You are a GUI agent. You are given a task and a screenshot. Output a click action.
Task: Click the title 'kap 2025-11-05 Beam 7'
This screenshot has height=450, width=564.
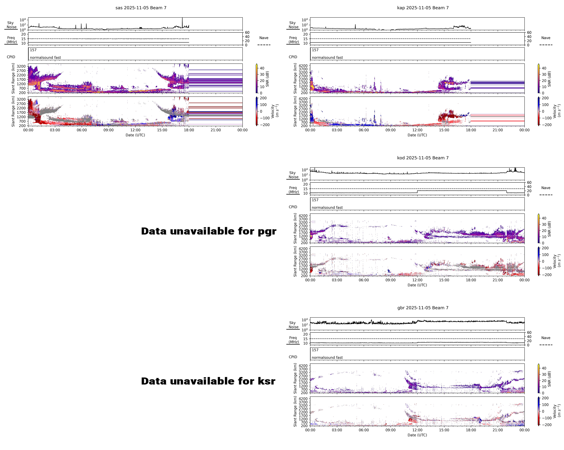[x=423, y=8]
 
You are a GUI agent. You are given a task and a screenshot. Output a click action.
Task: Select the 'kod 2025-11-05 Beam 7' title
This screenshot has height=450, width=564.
[x=423, y=158]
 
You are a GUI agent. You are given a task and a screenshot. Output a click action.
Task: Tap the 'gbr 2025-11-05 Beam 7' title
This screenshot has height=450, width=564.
[x=423, y=308]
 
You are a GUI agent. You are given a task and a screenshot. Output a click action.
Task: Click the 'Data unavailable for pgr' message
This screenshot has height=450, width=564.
[x=209, y=231]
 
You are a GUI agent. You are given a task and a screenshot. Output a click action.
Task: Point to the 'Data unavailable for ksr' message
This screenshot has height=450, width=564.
[x=208, y=381]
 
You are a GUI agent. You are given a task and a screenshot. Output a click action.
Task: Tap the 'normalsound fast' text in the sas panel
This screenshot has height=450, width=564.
[x=45, y=58]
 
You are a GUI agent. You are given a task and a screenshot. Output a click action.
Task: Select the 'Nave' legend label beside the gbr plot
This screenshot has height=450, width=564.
[x=546, y=338]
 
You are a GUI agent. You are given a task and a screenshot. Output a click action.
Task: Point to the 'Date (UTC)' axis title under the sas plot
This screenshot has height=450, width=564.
[x=135, y=135]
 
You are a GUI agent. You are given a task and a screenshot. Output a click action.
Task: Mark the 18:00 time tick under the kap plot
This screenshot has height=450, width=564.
[x=471, y=130]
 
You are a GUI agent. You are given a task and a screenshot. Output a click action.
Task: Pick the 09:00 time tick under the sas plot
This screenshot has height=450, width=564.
[x=109, y=130]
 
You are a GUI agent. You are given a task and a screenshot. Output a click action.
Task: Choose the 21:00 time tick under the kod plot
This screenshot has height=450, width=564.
[x=498, y=280]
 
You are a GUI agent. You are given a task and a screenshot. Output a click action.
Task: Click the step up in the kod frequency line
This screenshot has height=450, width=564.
[x=418, y=192]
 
